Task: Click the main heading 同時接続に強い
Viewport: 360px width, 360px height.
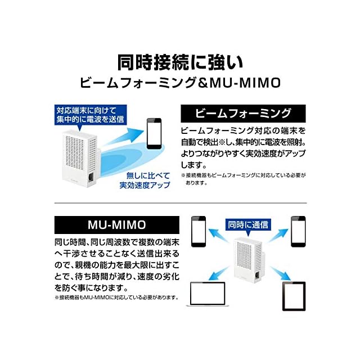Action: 180,61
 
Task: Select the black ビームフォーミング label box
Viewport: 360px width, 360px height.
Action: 243,114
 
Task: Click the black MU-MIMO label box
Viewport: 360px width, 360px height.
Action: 109,225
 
